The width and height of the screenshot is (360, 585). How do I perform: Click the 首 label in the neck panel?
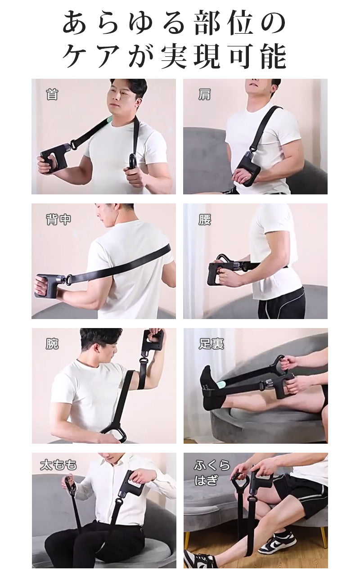point(52,94)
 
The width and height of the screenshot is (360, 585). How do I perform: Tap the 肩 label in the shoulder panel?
point(204,94)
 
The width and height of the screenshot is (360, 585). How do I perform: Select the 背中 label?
point(58,220)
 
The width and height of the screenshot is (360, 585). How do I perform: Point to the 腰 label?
point(204,220)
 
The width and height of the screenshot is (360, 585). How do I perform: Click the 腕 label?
point(52,344)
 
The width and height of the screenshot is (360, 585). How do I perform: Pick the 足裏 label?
point(211,344)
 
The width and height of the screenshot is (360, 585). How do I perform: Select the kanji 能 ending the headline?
point(273,57)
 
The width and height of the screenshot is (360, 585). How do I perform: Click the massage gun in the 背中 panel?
point(49,286)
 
